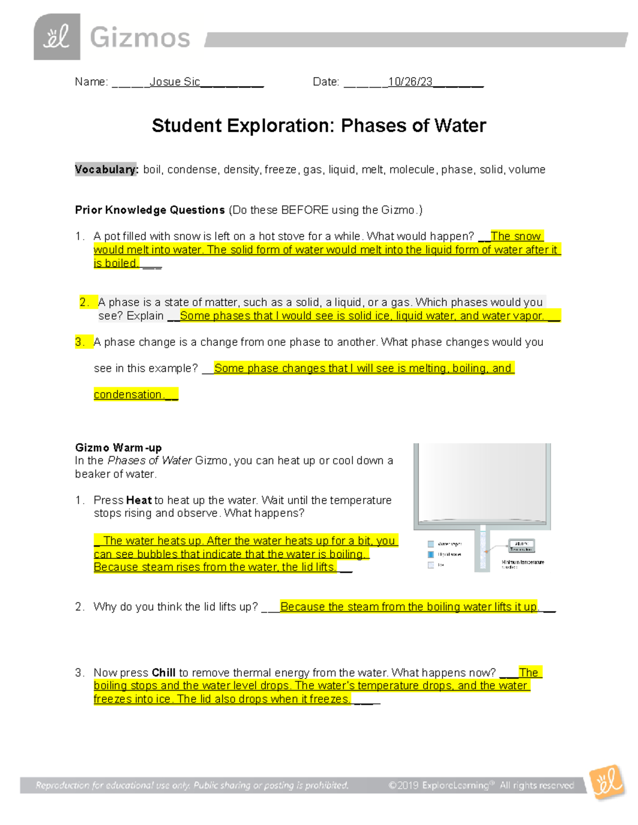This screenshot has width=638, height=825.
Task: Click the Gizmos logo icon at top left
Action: tap(57, 37)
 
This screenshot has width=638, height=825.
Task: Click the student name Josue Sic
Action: tap(174, 82)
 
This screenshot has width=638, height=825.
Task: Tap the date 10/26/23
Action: tap(410, 82)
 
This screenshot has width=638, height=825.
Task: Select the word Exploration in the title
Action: tap(281, 126)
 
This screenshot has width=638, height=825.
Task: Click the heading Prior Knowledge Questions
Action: tap(150, 210)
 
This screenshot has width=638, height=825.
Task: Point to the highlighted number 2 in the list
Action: tap(85, 302)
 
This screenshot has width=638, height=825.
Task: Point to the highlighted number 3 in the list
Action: tap(80, 342)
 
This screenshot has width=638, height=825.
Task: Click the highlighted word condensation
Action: tap(128, 395)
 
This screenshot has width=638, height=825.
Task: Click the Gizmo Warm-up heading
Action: tap(119, 447)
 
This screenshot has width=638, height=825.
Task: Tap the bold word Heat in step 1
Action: tap(139, 500)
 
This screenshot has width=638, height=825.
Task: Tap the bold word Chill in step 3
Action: tap(163, 673)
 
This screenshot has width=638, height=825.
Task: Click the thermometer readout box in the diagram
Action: tap(521, 546)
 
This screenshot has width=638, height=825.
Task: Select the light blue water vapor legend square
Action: tap(431, 544)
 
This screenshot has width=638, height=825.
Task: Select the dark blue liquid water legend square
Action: tap(431, 555)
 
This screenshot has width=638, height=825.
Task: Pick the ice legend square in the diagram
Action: tap(431, 565)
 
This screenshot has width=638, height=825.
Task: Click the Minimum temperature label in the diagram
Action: tap(523, 562)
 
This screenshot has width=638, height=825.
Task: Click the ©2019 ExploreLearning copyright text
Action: tap(481, 785)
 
